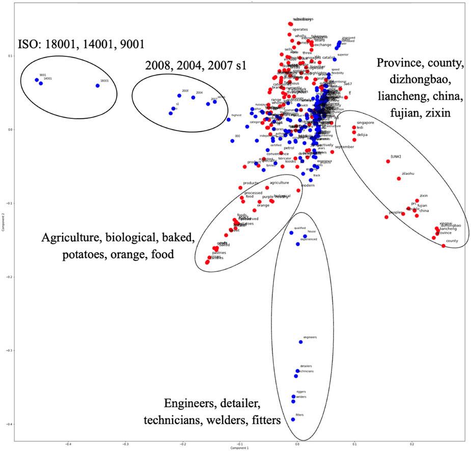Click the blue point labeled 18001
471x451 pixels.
pos(97,85)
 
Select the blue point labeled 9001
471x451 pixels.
pos(37,80)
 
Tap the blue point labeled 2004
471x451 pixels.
pos(193,98)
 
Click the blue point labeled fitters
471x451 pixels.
pos(293,419)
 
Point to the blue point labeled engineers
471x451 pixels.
pos(300,342)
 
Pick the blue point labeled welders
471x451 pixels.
pos(293,401)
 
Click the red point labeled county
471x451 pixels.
pos(444,246)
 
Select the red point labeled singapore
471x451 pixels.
pos(354,127)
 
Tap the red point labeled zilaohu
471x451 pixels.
pos(399,178)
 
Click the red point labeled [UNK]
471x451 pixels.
pos(388,161)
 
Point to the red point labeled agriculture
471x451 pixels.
pos(267,187)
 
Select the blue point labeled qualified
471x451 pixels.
pos(291,233)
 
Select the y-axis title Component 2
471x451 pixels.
pos(4,223)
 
